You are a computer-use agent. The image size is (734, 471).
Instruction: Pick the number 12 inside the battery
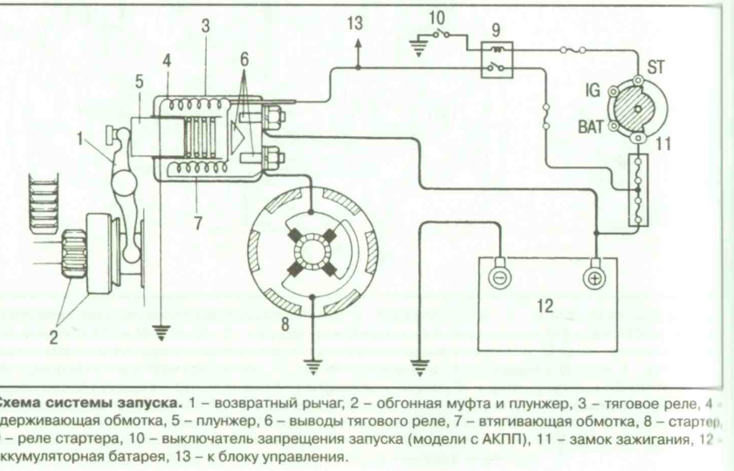(x=545, y=306)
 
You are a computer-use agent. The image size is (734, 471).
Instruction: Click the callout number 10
(x=436, y=17)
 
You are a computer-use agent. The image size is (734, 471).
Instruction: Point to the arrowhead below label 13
(x=355, y=56)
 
